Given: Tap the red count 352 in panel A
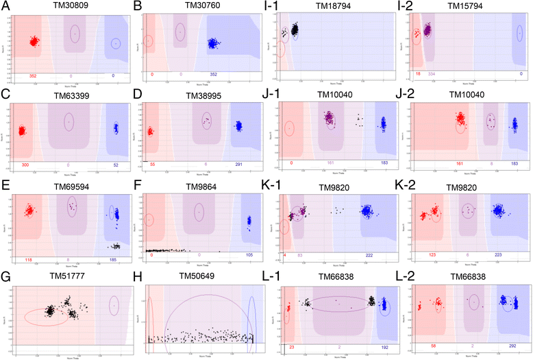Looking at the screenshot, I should (32, 75).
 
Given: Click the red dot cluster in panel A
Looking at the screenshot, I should (32, 41).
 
